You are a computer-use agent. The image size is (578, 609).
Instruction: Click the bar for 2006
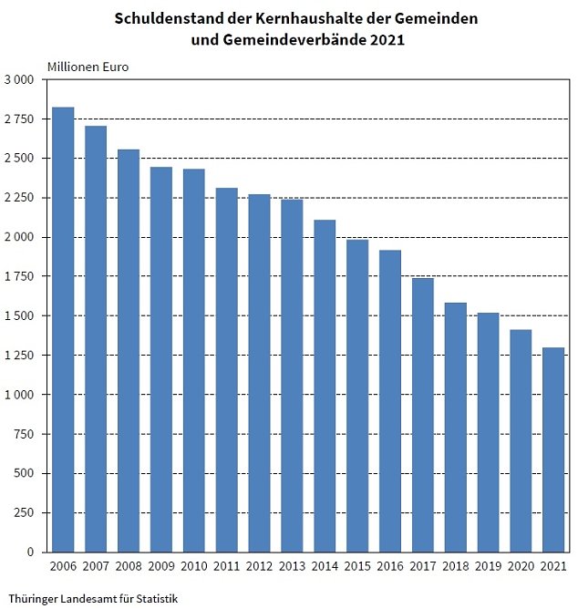[x=63, y=329]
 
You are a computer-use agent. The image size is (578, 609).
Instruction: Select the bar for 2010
[x=193, y=360]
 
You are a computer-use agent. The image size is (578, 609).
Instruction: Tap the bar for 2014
[x=325, y=386]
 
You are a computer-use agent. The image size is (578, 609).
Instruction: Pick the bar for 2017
[x=422, y=415]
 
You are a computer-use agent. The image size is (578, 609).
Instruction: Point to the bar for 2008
[x=129, y=350]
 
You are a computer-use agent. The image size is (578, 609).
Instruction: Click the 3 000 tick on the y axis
[x=19, y=80]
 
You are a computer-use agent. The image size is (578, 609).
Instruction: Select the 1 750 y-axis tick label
[x=19, y=277]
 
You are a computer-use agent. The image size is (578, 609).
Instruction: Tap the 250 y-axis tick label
[x=25, y=513]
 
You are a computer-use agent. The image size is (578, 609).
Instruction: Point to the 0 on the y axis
[x=30, y=552]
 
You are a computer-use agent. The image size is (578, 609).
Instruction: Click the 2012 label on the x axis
[x=259, y=567]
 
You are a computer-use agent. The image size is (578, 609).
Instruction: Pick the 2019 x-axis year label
[x=488, y=567]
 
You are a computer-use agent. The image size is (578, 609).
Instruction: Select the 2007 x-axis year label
[x=96, y=567]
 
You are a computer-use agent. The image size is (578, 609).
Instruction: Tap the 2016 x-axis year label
[x=389, y=567]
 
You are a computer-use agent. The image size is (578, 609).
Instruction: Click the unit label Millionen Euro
[x=88, y=67]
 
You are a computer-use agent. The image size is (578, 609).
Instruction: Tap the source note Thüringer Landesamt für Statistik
[x=93, y=599]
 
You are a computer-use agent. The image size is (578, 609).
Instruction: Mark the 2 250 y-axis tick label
[x=19, y=198]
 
